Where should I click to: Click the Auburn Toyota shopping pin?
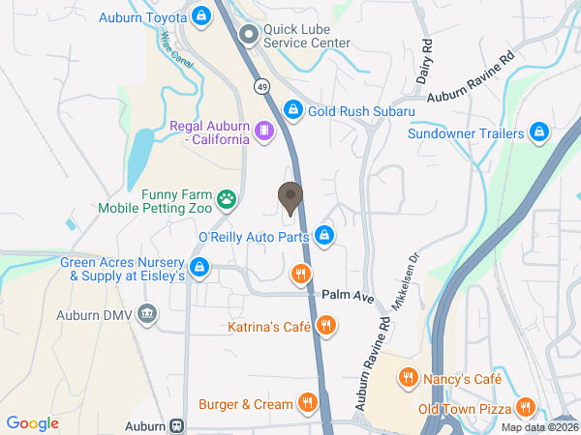[200, 15]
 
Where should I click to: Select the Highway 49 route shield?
[262, 87]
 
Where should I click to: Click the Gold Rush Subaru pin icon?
[293, 110]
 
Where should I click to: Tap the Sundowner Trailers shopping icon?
[540, 132]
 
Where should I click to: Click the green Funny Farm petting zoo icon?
[227, 200]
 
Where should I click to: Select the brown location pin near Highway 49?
[290, 196]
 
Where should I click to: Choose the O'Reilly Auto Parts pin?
[326, 235]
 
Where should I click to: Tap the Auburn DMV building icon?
[146, 313]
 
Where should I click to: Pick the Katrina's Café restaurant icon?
[326, 326]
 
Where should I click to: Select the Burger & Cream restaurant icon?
[308, 402]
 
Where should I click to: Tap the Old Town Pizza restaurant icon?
[525, 407]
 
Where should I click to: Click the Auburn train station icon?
[177, 425]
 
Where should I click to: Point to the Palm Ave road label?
[348, 294]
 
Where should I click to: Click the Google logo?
[33, 422]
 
